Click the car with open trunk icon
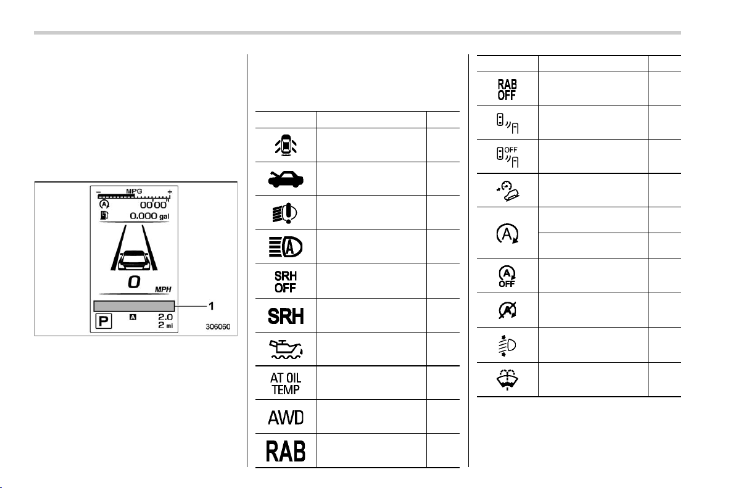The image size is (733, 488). pos(286,179)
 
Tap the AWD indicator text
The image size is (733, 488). pos(286,417)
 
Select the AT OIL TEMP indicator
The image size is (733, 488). pos(286,383)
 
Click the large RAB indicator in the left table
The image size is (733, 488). pos(286,451)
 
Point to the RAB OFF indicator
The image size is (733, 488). pos(507,89)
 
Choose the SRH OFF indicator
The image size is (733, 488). pos(286,282)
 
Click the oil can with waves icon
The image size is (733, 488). pos(286,349)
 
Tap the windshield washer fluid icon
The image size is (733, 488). pos(507,379)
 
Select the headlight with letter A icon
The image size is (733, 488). pos(286,247)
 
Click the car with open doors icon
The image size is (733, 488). pos(286,146)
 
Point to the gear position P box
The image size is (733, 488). pos(103,321)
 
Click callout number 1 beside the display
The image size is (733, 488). pos(211,306)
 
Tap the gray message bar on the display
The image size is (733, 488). pos(134,306)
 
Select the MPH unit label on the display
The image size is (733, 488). pos(163,289)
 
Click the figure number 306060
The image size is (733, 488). pos(218,327)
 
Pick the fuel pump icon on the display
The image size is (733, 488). pos(104,215)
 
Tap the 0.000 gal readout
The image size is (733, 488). pos(149,216)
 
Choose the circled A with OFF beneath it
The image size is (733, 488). pos(507,276)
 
